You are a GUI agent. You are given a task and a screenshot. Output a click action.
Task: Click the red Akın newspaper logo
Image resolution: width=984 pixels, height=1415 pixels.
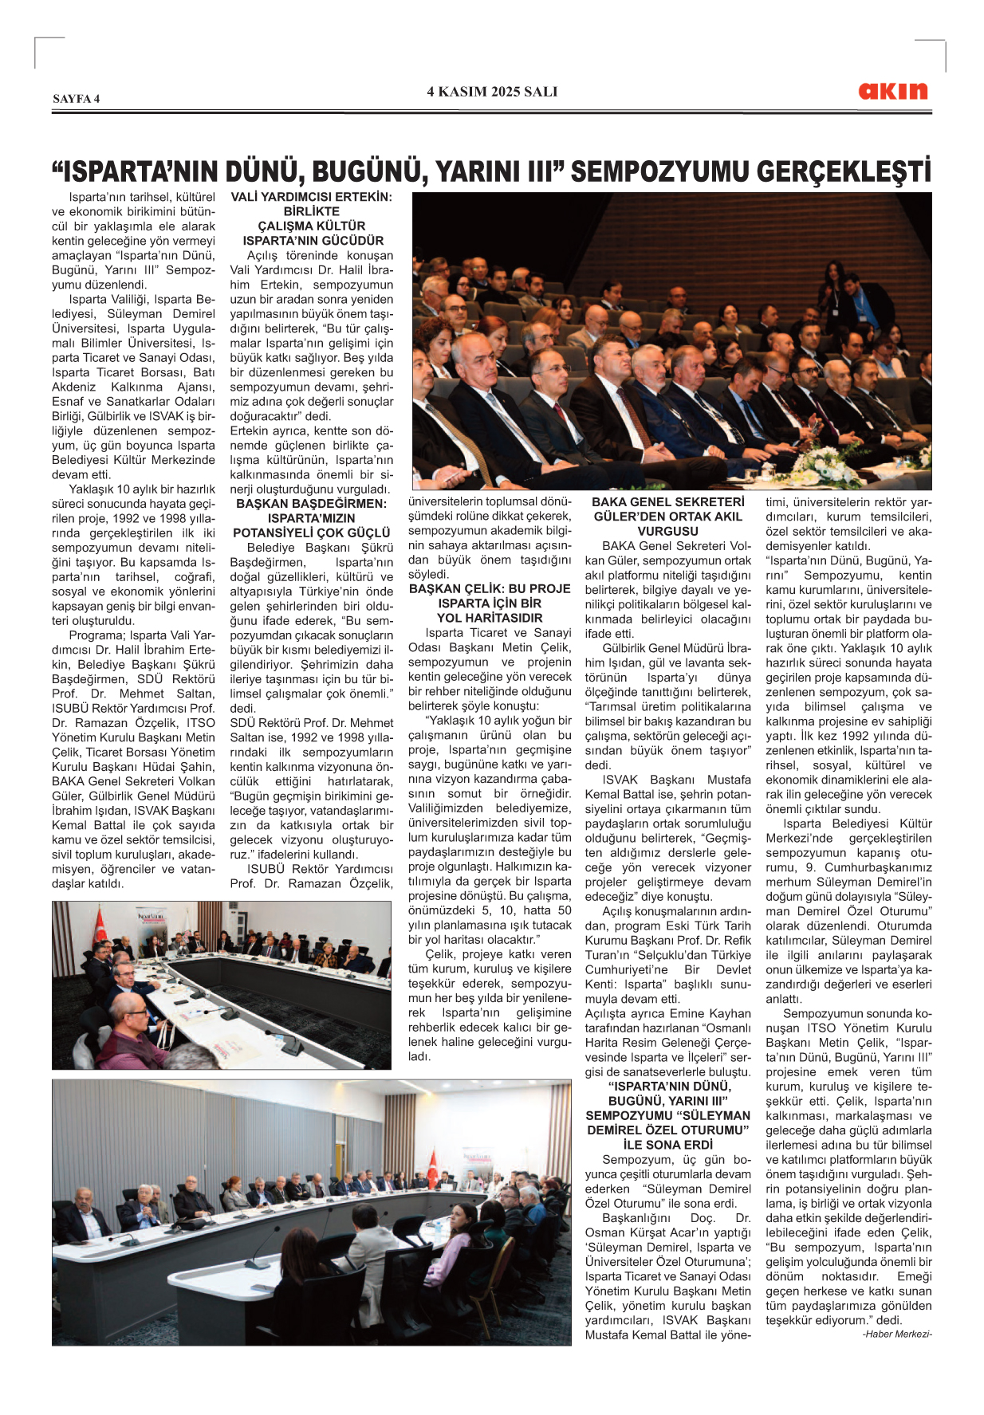coord(893,91)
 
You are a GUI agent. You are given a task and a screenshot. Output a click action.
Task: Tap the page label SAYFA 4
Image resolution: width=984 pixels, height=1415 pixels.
coord(77,99)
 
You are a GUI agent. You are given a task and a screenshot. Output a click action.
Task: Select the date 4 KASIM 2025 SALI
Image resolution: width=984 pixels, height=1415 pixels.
coord(492,92)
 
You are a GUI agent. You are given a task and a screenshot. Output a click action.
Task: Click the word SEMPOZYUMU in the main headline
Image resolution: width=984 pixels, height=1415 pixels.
coord(659,172)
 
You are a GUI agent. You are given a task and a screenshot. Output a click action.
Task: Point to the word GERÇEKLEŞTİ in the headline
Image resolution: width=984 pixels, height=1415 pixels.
coord(844,172)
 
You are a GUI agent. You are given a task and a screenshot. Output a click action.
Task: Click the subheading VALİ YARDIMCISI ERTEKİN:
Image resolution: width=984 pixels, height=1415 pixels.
coord(312,197)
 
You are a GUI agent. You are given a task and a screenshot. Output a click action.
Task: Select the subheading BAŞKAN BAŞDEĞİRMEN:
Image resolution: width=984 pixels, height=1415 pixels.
coord(312,504)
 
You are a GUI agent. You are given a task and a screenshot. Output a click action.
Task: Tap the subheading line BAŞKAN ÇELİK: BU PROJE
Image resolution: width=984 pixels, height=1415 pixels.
coord(490,589)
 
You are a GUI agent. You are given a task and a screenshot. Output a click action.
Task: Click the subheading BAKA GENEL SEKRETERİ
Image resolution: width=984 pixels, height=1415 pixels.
coord(668,502)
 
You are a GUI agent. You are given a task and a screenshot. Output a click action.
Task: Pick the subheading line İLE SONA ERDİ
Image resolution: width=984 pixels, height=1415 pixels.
coord(668,1145)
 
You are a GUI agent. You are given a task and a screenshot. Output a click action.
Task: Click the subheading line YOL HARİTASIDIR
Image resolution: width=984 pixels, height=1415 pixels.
coord(490,618)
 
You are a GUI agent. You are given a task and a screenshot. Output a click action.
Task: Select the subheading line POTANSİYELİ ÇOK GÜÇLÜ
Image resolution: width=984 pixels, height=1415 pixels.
coord(312,533)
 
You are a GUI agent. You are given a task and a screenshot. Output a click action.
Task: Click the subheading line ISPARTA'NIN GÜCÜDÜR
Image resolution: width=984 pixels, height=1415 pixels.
coord(312,241)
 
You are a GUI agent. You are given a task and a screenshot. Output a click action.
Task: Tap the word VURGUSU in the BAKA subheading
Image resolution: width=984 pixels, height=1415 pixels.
coord(668,531)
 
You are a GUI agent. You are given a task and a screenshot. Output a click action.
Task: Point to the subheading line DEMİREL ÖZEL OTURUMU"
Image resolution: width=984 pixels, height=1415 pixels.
coord(668,1130)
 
